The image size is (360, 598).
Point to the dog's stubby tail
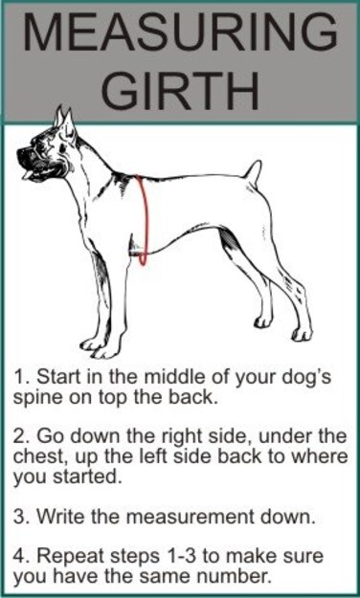(253, 173)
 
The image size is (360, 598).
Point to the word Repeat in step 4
(66, 556)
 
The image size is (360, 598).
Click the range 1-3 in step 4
(171, 556)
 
